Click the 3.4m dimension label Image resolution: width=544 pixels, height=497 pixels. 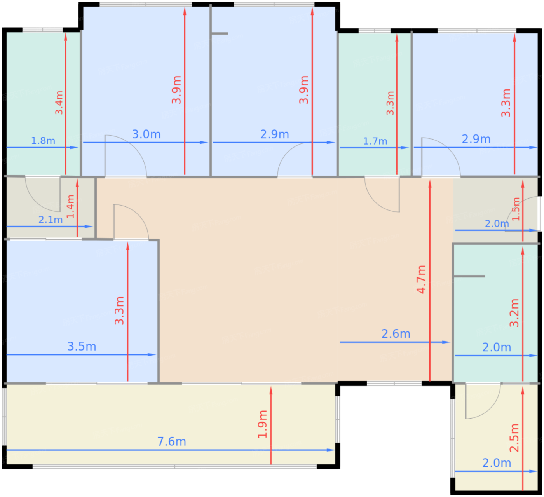click(59, 103)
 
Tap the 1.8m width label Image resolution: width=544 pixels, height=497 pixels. click(43, 141)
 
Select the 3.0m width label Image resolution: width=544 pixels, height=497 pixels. click(146, 134)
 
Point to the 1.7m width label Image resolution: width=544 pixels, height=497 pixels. click(375, 141)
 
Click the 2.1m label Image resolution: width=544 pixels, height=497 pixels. click(51, 220)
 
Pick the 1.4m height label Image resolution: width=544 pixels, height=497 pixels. click(70, 206)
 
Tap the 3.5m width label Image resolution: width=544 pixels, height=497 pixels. click(82, 347)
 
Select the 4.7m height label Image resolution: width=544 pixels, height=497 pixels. click(422, 279)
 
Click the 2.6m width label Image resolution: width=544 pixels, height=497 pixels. click(396, 334)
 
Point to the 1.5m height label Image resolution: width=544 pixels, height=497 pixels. click(516, 209)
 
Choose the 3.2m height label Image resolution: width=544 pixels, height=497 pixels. click(514, 313)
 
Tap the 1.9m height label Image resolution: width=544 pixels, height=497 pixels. click(263, 424)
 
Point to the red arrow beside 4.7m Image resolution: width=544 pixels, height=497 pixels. click(430, 280)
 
